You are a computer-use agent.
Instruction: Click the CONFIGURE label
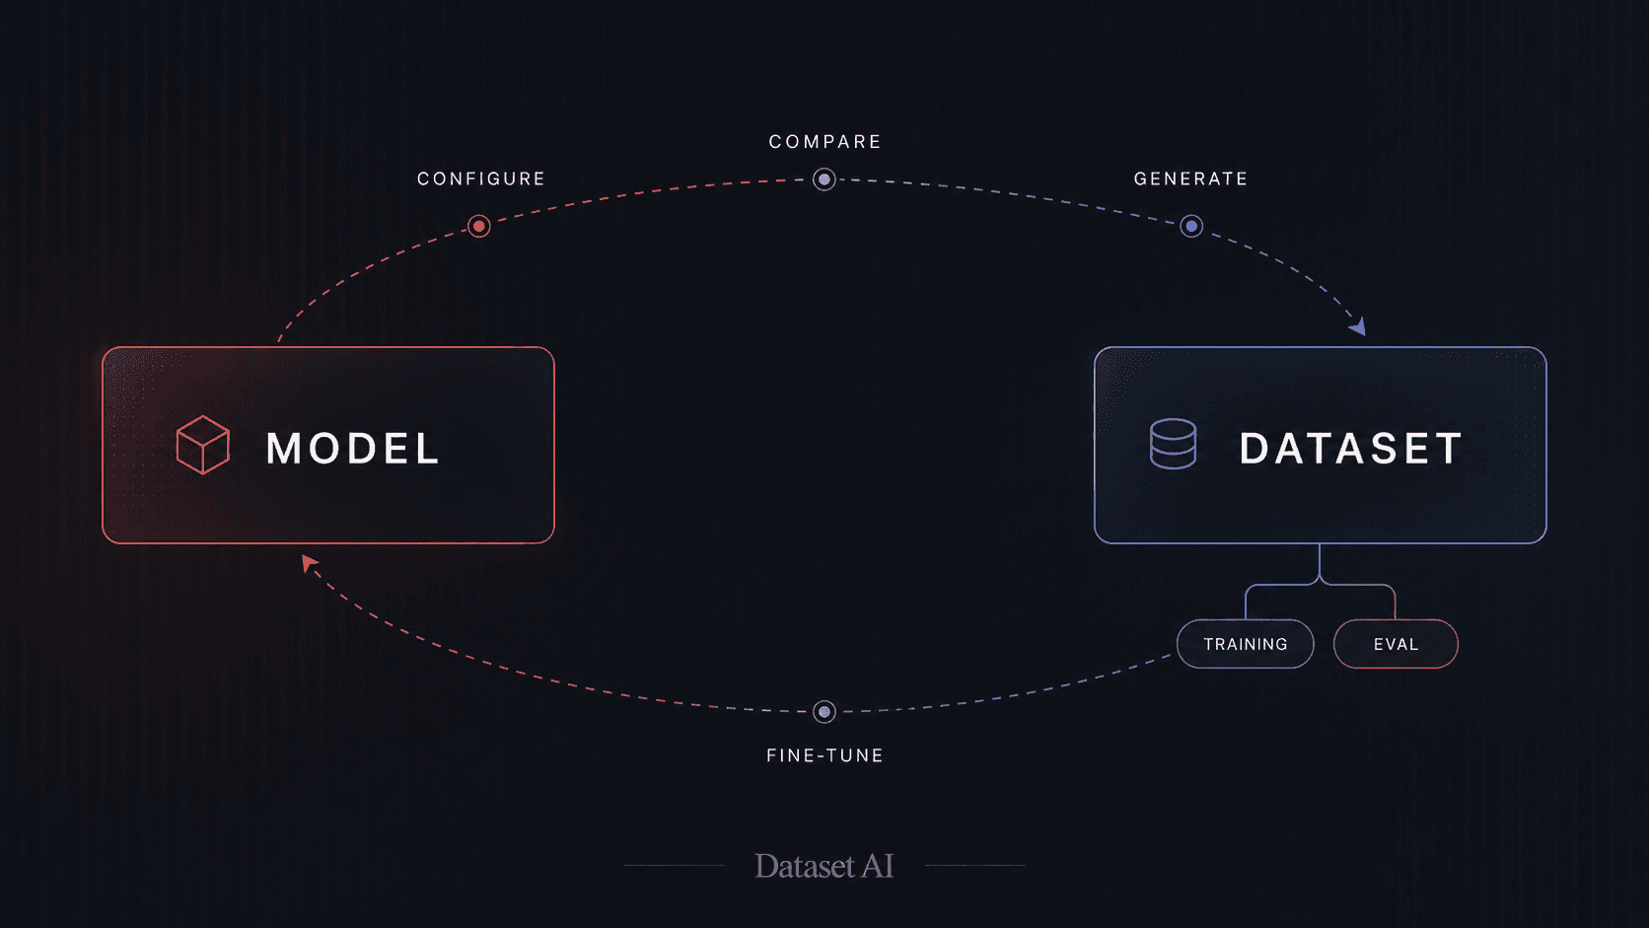tap(480, 178)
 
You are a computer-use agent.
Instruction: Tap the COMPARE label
tap(825, 141)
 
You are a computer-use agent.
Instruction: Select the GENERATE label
tap(1190, 178)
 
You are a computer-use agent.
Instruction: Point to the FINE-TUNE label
tap(824, 755)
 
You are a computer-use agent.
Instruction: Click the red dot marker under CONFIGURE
tap(478, 226)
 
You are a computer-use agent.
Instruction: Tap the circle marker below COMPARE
tap(824, 178)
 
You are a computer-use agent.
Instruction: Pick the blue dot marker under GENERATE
tap(1191, 226)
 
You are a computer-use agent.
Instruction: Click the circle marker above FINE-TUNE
tap(824, 712)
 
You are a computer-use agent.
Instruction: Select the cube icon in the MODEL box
tap(202, 445)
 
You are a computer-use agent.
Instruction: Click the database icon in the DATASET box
tap(1173, 444)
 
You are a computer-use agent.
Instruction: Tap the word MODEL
tap(353, 448)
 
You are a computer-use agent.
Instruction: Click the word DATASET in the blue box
tap(1351, 448)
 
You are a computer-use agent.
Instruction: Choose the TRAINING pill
tap(1246, 644)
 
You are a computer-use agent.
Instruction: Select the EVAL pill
tap(1396, 644)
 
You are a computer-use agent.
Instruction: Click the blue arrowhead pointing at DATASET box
tap(1358, 326)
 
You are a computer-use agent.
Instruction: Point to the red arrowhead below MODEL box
tap(309, 564)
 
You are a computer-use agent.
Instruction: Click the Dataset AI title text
tap(824, 866)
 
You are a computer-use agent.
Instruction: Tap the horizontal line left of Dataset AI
tap(674, 866)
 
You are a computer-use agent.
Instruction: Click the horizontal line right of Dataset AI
tap(974, 866)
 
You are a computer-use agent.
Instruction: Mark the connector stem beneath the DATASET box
tap(1320, 562)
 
